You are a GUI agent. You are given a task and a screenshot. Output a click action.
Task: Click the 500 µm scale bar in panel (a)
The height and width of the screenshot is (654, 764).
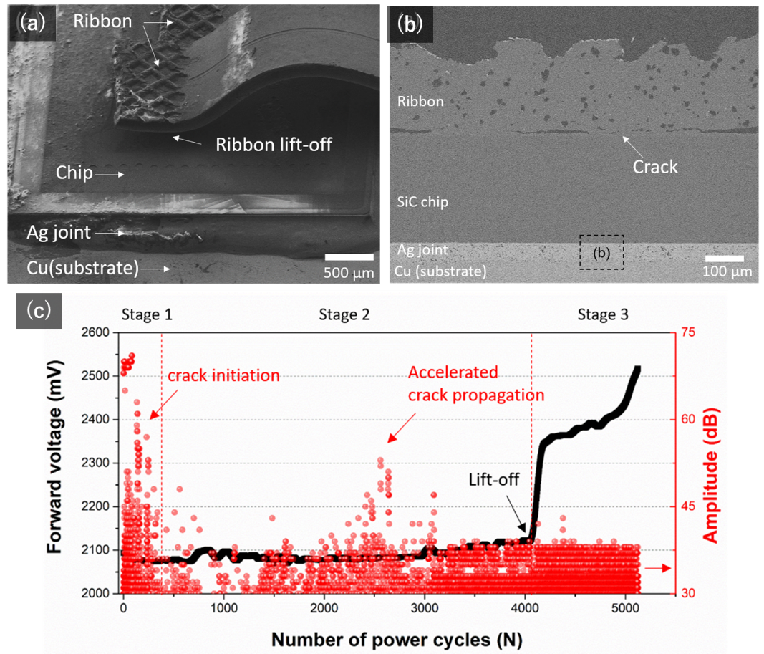click(349, 257)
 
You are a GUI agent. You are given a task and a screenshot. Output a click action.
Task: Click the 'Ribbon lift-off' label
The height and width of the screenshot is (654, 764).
click(274, 145)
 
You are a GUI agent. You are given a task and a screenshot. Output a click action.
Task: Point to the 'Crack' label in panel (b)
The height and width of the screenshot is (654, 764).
click(655, 167)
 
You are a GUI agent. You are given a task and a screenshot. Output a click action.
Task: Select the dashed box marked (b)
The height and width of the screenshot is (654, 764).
click(601, 251)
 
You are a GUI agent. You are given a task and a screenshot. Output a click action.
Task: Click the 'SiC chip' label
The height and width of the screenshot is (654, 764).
click(422, 202)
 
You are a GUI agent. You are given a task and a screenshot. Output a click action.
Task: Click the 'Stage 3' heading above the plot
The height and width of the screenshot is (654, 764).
click(603, 314)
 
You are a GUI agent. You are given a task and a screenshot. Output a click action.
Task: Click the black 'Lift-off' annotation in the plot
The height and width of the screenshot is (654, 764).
click(493, 479)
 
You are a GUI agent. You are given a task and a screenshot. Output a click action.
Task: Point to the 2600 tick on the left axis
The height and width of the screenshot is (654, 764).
click(99, 332)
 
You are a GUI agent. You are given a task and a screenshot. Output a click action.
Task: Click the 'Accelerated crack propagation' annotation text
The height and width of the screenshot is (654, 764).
click(475, 384)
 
